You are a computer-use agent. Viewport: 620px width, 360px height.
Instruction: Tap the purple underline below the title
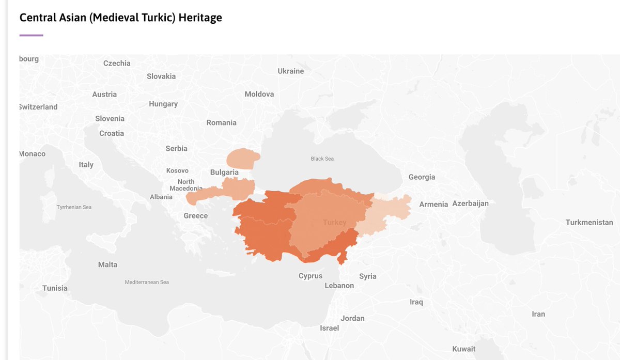click(31, 35)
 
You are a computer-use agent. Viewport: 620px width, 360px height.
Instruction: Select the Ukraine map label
click(290, 71)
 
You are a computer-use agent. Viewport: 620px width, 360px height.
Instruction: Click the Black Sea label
click(322, 159)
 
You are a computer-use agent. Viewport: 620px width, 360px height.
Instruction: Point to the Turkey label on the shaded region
click(334, 222)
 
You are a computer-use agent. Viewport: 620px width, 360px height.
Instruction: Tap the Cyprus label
click(310, 276)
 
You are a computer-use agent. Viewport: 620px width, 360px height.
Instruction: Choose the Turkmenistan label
click(589, 222)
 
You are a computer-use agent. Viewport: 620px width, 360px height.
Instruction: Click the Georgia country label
click(422, 177)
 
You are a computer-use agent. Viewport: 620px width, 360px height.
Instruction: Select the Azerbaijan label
click(470, 204)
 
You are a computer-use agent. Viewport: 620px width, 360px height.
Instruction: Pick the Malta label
click(107, 264)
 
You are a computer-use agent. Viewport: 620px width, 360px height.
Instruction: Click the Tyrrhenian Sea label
click(74, 207)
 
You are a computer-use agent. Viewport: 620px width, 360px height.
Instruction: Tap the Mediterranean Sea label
click(147, 282)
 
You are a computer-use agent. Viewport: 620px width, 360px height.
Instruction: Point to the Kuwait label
click(463, 349)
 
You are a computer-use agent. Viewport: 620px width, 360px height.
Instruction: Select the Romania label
click(221, 122)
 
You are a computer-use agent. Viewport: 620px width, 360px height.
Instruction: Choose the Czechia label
click(117, 63)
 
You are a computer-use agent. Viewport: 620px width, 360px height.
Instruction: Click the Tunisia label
click(55, 288)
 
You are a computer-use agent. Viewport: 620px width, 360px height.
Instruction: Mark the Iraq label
click(416, 302)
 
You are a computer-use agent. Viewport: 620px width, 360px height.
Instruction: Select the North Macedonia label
click(186, 185)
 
